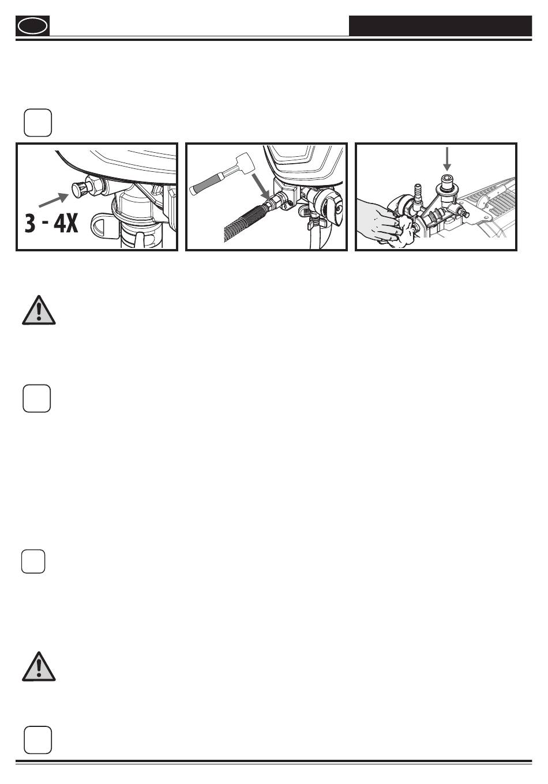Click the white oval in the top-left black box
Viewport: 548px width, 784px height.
coord(32,27)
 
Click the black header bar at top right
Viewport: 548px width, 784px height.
coord(440,25)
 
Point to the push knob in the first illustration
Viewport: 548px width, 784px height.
coord(82,189)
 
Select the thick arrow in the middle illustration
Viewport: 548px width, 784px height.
coord(261,187)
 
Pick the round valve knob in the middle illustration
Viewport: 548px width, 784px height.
coord(328,208)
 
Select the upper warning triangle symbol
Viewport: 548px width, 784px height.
coord(39,311)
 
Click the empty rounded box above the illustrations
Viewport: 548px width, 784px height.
coord(38,122)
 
